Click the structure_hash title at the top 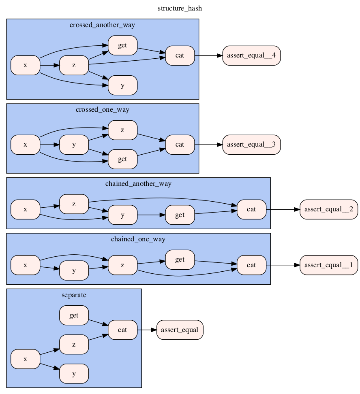pyautogui.click(x=180, y=9)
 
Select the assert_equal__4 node pyautogui.click(x=251, y=55)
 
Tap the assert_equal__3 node pyautogui.click(x=251, y=144)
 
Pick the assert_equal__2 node pyautogui.click(x=328, y=209)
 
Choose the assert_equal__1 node pyautogui.click(x=328, y=265)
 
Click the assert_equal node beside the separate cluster pyautogui.click(x=180, y=330)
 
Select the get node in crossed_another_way pyautogui.click(x=122, y=45)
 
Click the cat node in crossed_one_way pyautogui.click(x=180, y=144)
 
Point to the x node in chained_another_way pyautogui.click(x=25, y=209)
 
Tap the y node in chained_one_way pyautogui.click(x=74, y=271)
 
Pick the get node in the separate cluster pyautogui.click(x=74, y=315)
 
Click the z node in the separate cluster pyautogui.click(x=74, y=344)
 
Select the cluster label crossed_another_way pyautogui.click(x=102, y=25)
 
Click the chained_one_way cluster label pyautogui.click(x=138, y=239)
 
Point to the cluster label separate pyautogui.click(x=74, y=295)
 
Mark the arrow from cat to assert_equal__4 pyautogui.click(x=208, y=55)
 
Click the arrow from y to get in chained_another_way pyautogui.click(x=151, y=215)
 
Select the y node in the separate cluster pyautogui.click(x=74, y=374)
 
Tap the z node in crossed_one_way pyautogui.click(x=122, y=130)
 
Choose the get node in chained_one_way pyautogui.click(x=180, y=260)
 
